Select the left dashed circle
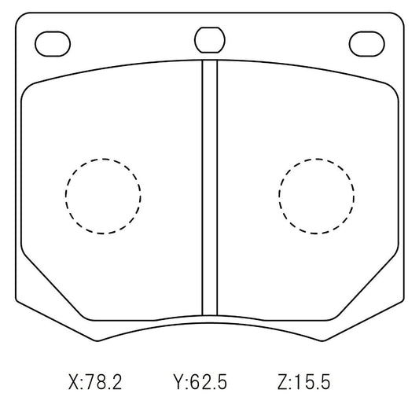[x=66, y=197]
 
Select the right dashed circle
[x=279, y=197]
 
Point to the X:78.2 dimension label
[x=95, y=382]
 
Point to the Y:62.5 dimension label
[x=200, y=382]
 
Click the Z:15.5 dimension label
[x=303, y=382]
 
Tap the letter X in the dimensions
[x=74, y=382]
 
